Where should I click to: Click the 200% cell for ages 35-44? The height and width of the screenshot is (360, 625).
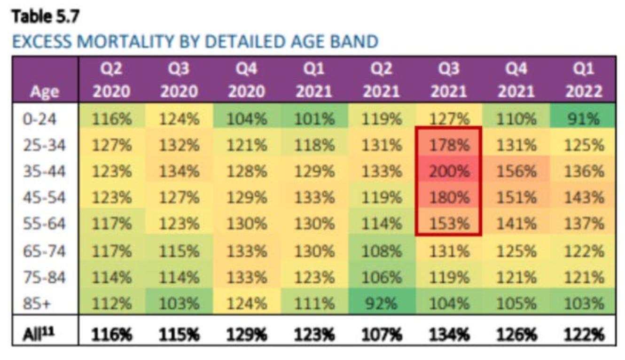tap(448, 171)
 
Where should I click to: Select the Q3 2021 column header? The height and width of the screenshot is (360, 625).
tap(448, 80)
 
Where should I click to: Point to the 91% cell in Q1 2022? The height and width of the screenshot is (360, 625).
tap(583, 118)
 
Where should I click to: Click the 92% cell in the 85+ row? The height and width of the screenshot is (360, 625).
tap(381, 304)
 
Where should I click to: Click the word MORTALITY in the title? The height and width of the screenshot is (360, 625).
tap(120, 42)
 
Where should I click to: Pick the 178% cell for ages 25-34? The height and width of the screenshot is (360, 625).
tap(448, 145)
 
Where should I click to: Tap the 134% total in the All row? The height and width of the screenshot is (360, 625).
tap(448, 335)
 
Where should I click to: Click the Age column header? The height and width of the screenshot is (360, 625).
tap(46, 92)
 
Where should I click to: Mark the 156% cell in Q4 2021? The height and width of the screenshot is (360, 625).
tap(516, 171)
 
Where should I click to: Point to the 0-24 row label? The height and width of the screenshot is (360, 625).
tap(39, 118)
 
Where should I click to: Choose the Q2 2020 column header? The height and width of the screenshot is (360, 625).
tap(112, 80)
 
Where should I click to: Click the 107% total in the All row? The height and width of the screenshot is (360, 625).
tap(381, 335)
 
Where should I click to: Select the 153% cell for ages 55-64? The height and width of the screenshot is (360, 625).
tap(448, 224)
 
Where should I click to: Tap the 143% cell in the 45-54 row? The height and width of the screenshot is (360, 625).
tap(583, 197)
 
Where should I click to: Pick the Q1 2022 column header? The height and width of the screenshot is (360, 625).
tap(583, 80)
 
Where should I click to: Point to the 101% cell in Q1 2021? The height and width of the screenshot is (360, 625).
tap(313, 118)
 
